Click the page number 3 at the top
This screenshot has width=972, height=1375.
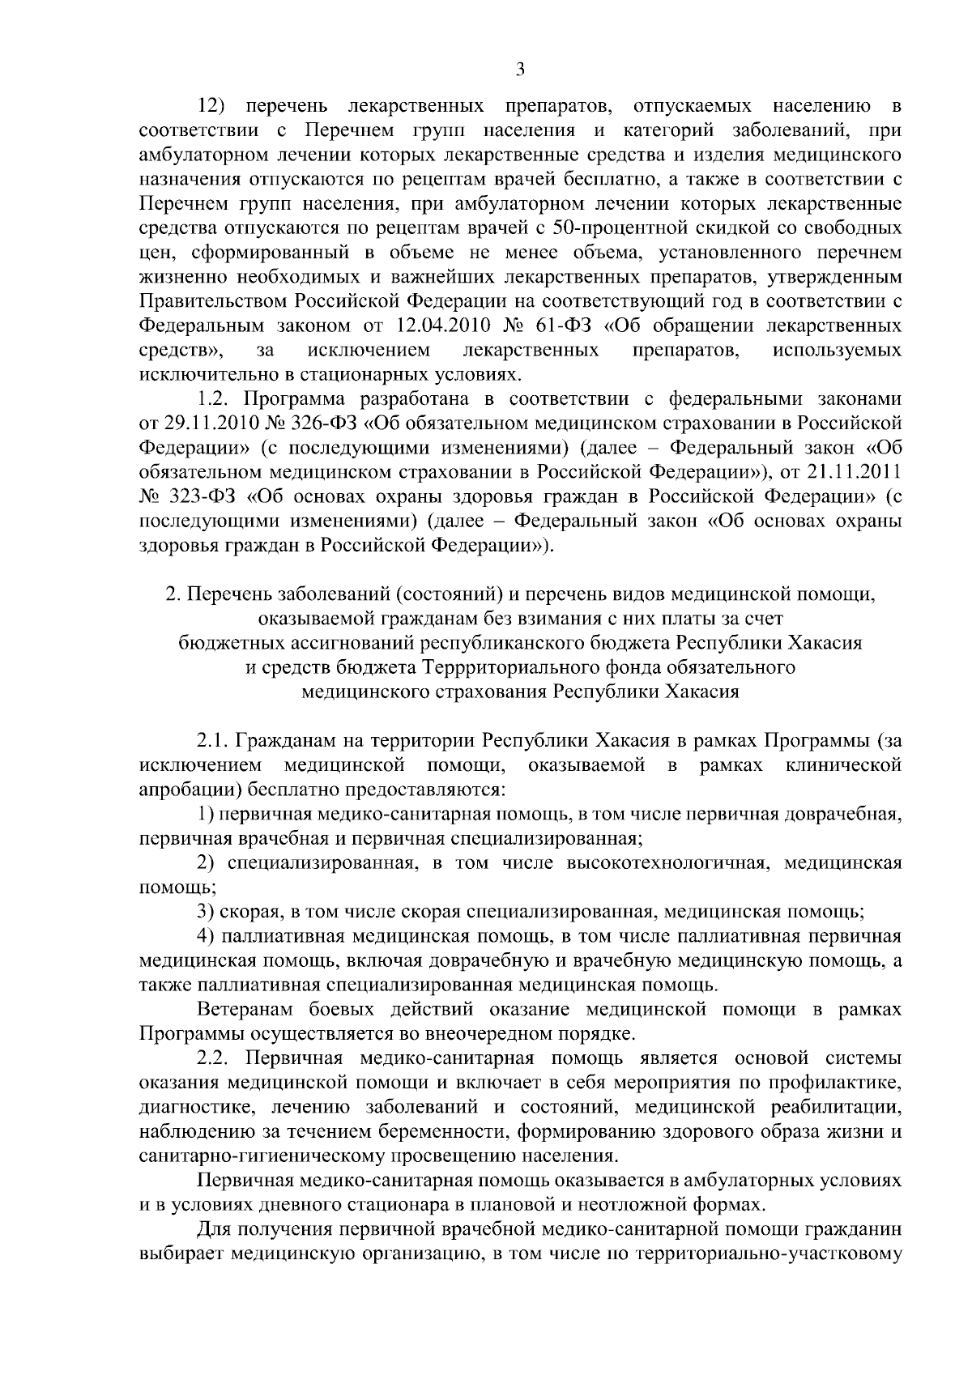point(520,70)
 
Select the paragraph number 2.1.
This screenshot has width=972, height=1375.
point(215,741)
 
